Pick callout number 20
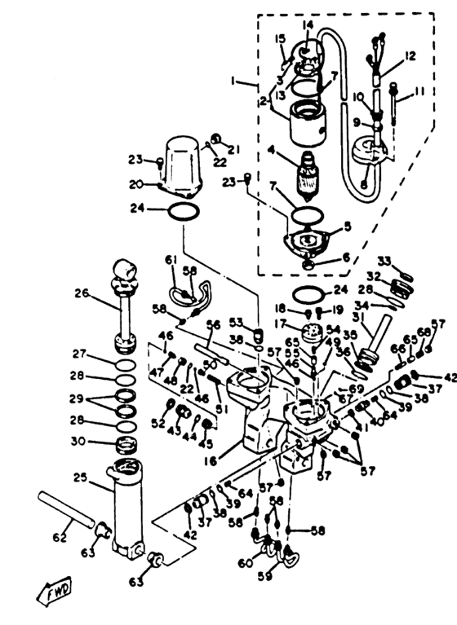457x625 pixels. pyautogui.click(x=137, y=183)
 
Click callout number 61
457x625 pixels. pyautogui.click(x=171, y=259)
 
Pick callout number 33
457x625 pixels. pyautogui.click(x=383, y=262)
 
